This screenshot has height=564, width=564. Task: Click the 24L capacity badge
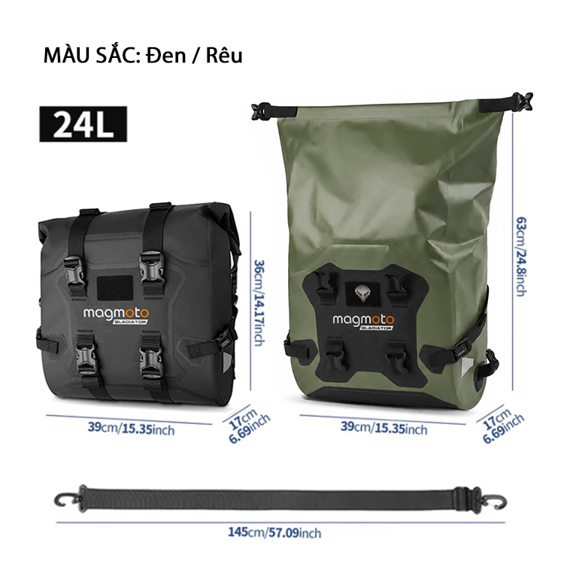83,124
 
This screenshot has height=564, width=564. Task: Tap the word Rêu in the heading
224,56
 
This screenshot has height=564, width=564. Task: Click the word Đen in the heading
166,56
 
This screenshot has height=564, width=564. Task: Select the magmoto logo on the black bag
116,315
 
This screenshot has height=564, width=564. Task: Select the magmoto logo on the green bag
363,321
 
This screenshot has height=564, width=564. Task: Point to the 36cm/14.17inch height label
259,303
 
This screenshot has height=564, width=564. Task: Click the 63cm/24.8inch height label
522,256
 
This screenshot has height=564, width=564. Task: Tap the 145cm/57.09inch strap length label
274,532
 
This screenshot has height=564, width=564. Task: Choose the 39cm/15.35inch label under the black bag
132,429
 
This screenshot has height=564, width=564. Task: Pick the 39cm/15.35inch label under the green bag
384,428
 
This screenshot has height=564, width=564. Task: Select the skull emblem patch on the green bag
362,293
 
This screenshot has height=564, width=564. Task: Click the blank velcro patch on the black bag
115,287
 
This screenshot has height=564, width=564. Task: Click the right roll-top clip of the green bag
523,101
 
